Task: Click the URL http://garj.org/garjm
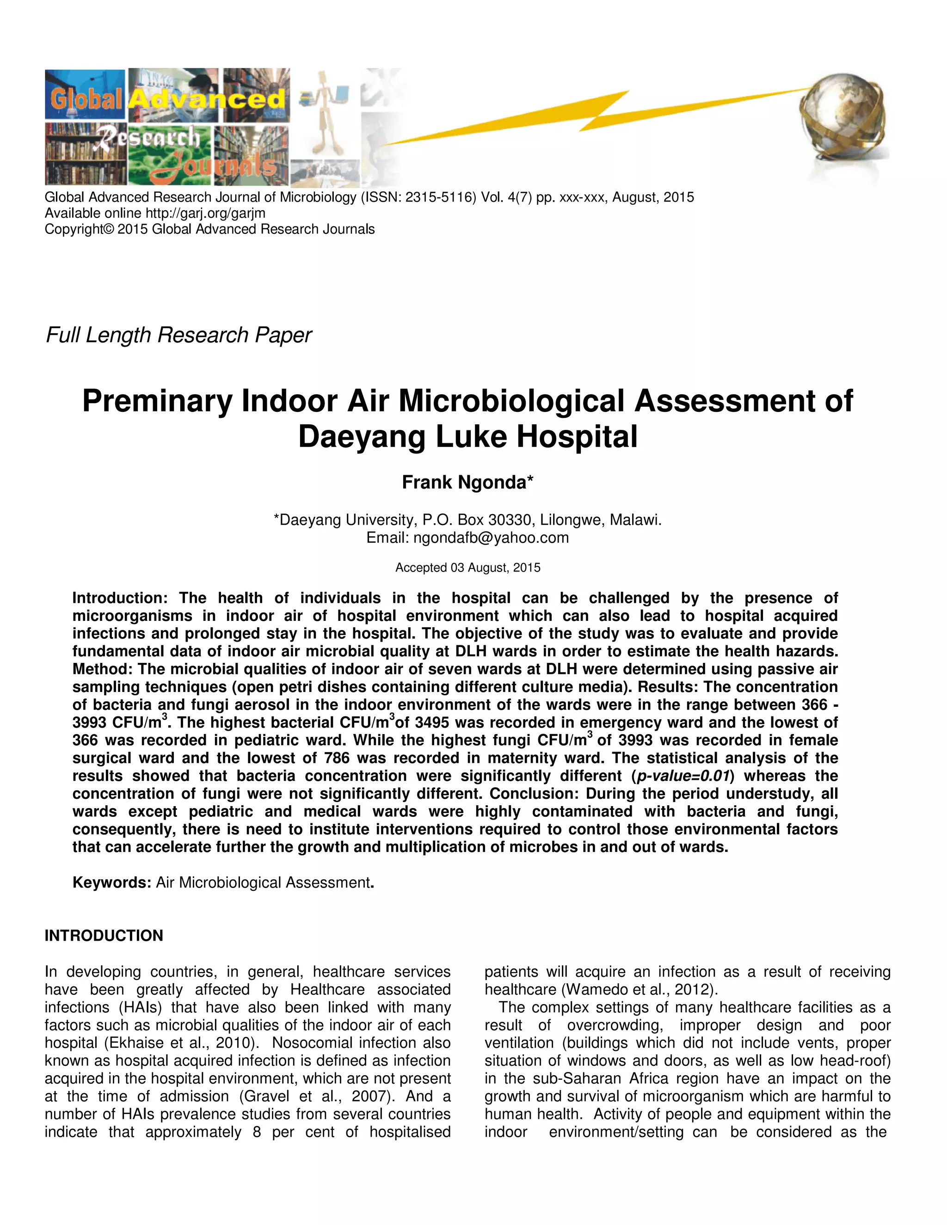[x=205, y=213]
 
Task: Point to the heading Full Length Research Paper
[x=178, y=335]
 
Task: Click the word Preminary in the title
[x=157, y=402]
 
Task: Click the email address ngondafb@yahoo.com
[x=491, y=538]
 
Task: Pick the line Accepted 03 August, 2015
[x=467, y=568]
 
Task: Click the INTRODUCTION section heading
[x=104, y=936]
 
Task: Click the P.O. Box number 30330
[x=511, y=520]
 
